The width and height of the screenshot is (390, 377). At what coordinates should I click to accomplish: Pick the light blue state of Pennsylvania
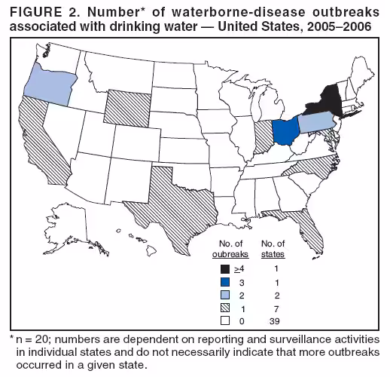tap(318, 123)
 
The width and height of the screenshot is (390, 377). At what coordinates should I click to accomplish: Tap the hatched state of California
tap(38, 143)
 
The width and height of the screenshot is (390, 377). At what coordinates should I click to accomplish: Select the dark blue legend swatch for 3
tap(224, 282)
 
